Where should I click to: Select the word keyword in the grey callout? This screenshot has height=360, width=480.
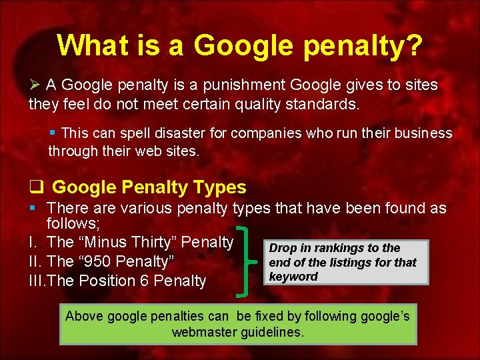293,277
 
